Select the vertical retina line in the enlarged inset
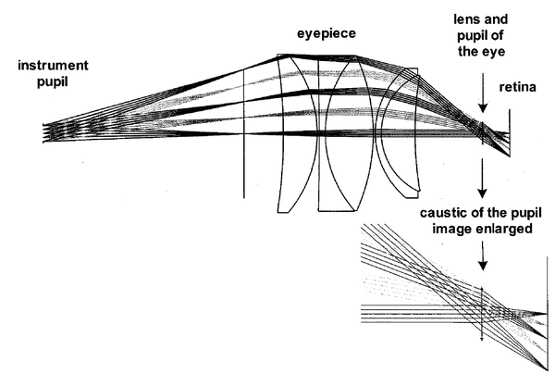547,315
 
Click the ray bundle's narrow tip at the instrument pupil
43,129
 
